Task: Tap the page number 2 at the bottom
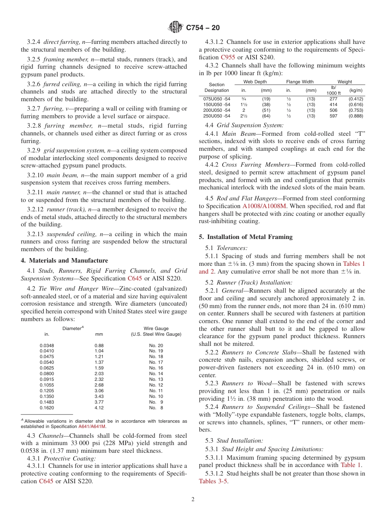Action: pyautogui.click(x=193, y=499)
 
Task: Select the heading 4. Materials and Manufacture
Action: pyautogui.click(x=65, y=261)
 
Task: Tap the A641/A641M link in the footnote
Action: pyautogui.click(x=92, y=426)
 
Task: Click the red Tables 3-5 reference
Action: pyautogui.click(x=213, y=481)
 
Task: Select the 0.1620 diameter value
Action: pyautogui.click(x=47, y=408)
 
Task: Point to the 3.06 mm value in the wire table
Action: pyautogui.click(x=99, y=391)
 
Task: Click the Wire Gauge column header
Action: pyautogui.click(x=156, y=328)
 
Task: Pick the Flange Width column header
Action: pyautogui.click(x=301, y=82)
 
